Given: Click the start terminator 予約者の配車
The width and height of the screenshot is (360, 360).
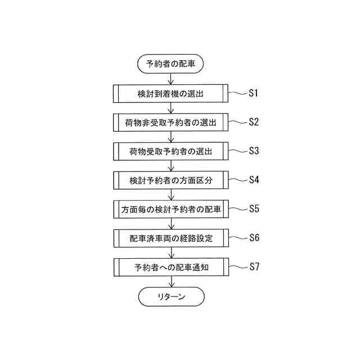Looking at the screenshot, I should [x=170, y=64].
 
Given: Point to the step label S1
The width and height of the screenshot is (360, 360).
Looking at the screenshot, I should [x=253, y=93].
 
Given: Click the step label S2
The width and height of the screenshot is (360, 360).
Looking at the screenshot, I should [x=253, y=122].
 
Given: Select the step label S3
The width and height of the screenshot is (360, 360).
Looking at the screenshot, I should [x=253, y=151].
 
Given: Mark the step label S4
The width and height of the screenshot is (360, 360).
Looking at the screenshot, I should [x=253, y=180].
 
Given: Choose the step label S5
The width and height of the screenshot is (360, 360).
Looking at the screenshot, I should [x=253, y=209].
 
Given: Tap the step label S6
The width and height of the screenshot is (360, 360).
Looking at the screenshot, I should [x=253, y=237].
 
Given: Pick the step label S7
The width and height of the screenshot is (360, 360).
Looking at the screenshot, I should [x=253, y=267].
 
